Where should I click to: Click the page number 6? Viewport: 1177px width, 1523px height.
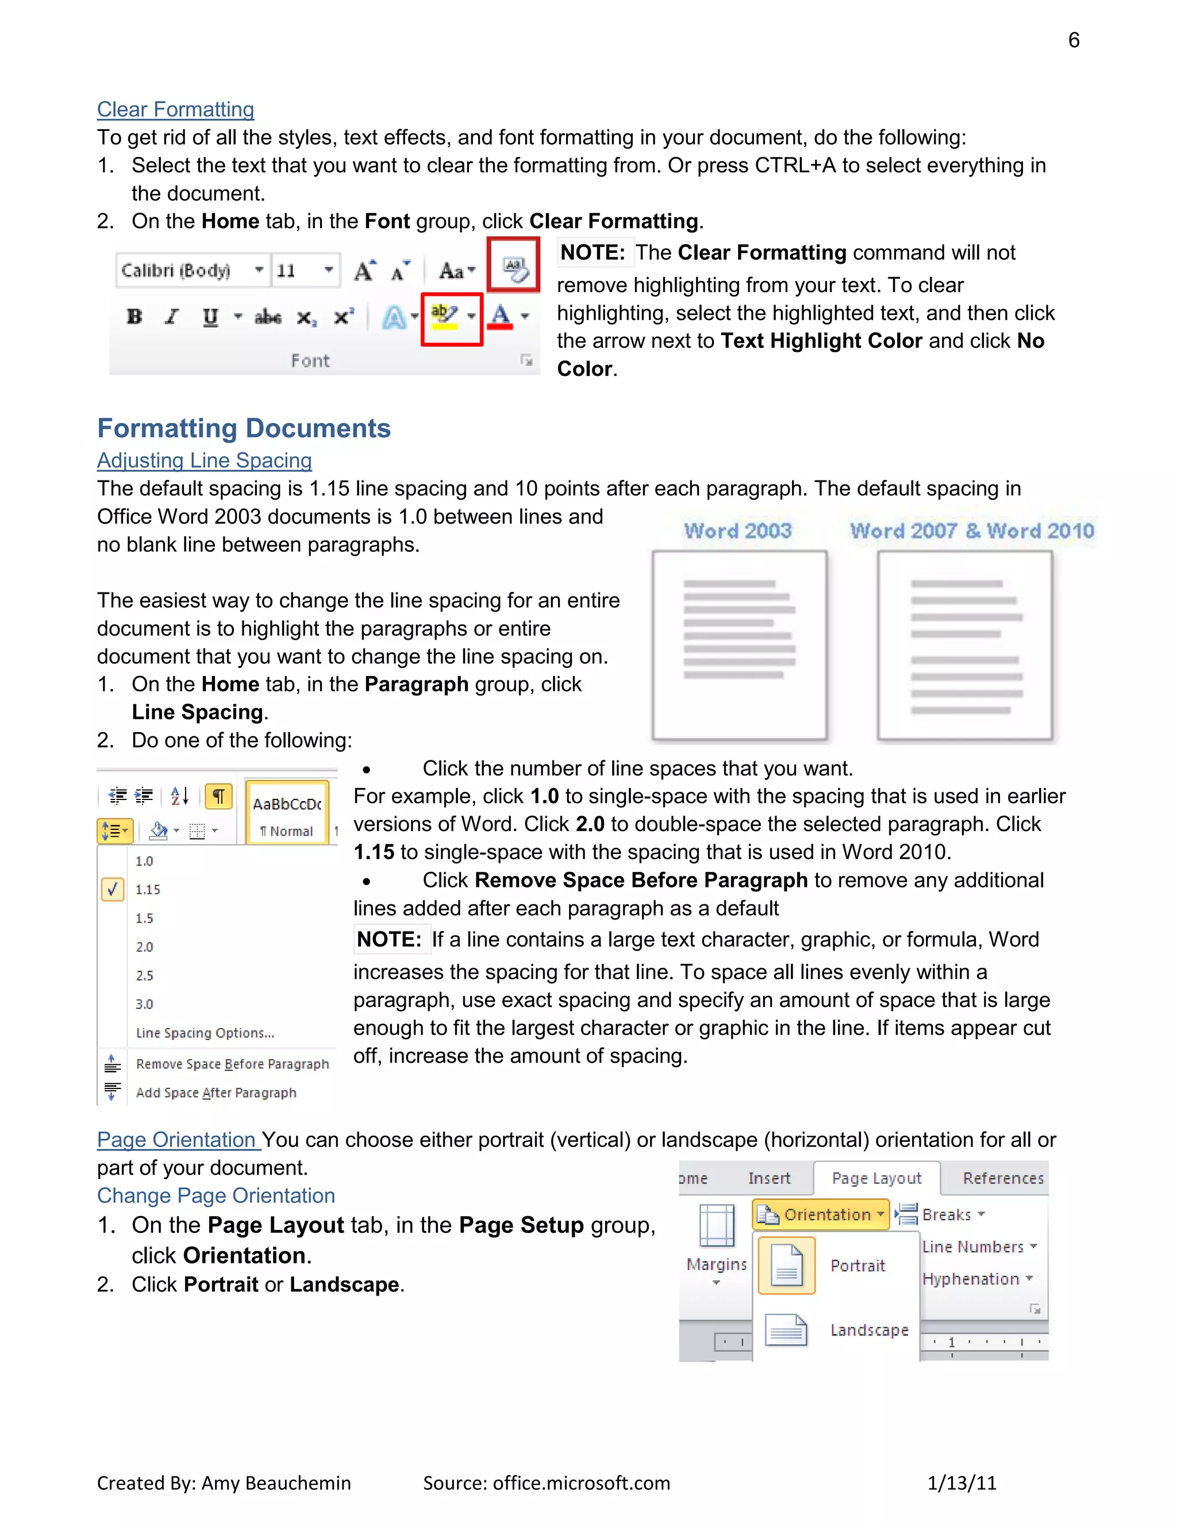click(x=1073, y=40)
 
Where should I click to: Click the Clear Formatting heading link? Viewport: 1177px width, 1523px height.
click(x=175, y=109)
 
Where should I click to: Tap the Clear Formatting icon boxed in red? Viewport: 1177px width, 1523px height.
click(x=514, y=266)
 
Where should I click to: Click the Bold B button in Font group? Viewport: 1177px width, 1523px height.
click(x=134, y=317)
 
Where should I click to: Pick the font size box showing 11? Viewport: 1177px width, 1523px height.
click(x=303, y=271)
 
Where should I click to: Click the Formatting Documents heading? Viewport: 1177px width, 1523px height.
click(x=243, y=428)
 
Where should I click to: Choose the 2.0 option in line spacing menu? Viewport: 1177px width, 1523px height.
click(x=144, y=947)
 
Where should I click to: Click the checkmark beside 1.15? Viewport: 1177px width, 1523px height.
click(x=112, y=890)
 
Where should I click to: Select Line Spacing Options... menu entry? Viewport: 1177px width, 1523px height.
click(x=205, y=1033)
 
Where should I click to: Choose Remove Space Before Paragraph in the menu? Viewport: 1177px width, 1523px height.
click(x=232, y=1064)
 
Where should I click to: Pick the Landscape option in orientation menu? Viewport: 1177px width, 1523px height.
click(x=869, y=1330)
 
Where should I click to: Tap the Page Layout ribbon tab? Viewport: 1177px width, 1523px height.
click(x=876, y=1179)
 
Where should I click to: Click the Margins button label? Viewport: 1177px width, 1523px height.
click(x=716, y=1264)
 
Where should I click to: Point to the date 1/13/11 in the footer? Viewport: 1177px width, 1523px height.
click(x=961, y=1483)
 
